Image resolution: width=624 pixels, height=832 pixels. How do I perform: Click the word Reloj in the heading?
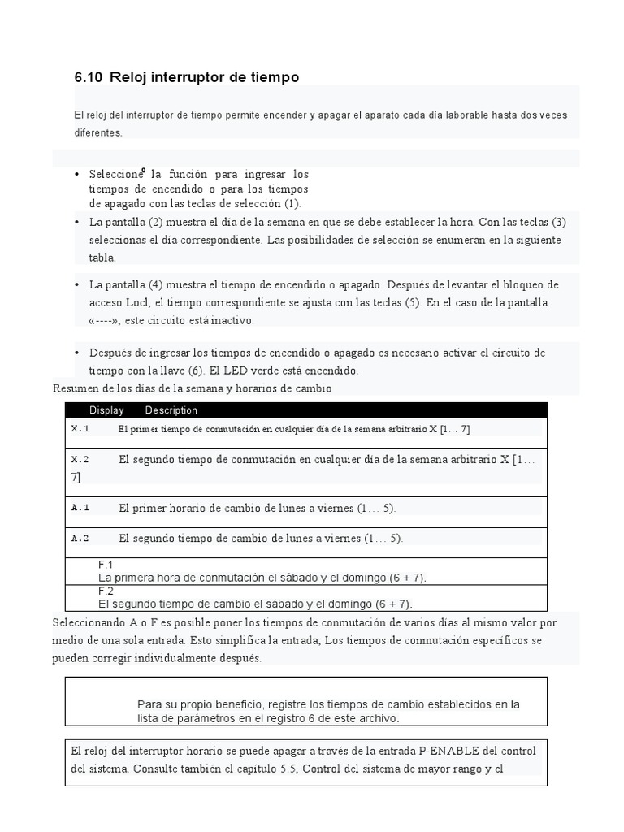click(x=128, y=78)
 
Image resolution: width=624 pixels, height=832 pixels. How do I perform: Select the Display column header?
click(x=106, y=410)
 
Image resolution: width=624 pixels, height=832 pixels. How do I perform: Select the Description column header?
click(x=171, y=410)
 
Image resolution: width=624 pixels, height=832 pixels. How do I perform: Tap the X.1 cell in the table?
click(x=80, y=428)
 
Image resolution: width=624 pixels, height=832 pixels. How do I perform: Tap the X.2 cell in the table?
click(x=80, y=460)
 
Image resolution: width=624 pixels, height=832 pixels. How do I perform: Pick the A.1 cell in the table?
click(x=80, y=508)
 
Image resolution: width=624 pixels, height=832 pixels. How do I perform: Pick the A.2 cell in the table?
click(x=80, y=539)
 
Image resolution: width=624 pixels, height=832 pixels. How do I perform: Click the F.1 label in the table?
click(x=106, y=565)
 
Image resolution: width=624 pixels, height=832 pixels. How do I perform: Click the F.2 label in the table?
click(x=106, y=591)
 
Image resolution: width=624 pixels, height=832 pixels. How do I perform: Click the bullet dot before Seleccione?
click(x=76, y=175)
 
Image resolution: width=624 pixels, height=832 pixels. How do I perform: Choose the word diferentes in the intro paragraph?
click(x=97, y=132)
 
